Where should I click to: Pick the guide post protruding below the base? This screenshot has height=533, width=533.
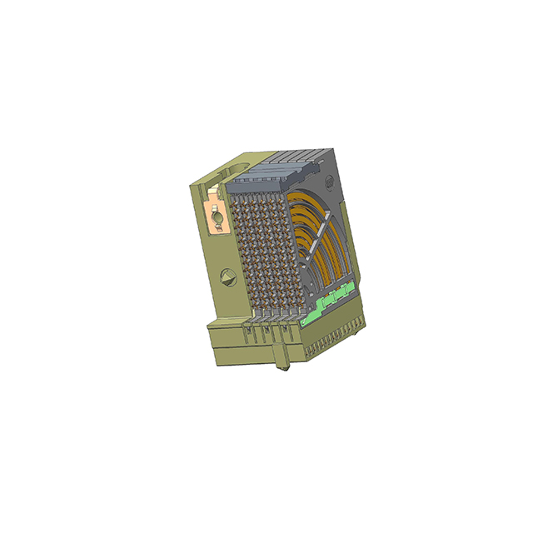click(x=280, y=362)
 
